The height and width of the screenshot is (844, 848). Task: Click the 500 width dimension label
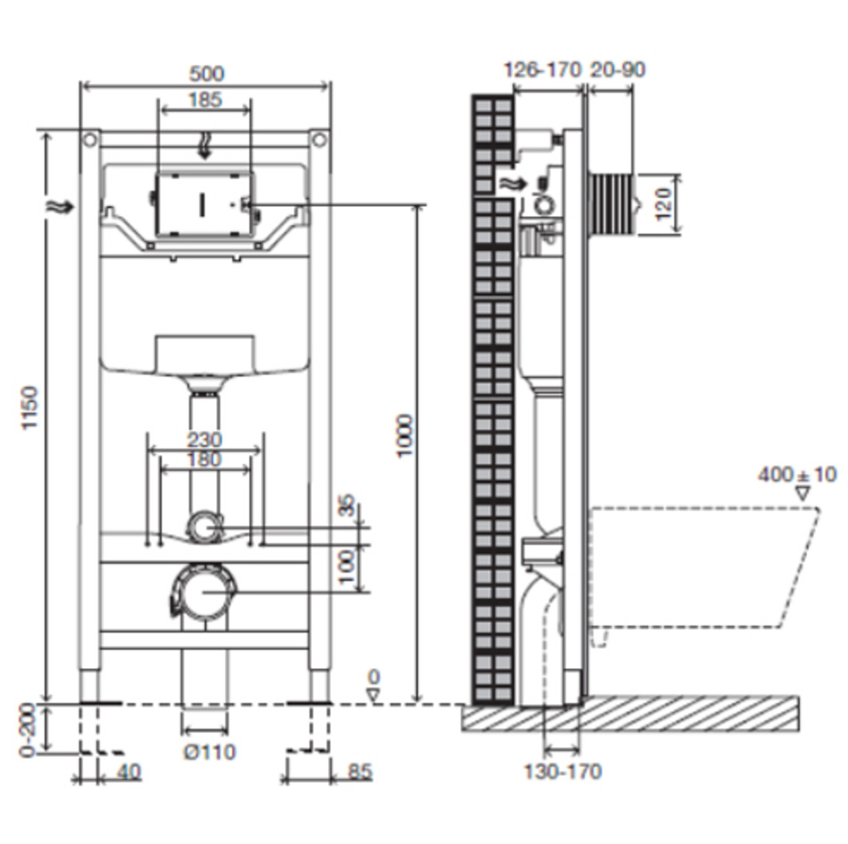click(x=206, y=74)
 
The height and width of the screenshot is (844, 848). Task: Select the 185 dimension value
click(x=205, y=100)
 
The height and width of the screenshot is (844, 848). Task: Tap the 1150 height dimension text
click(x=29, y=408)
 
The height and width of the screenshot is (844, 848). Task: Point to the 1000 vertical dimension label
click(x=404, y=436)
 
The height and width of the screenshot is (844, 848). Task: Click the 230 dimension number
click(x=204, y=439)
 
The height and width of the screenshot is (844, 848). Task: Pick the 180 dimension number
click(x=204, y=459)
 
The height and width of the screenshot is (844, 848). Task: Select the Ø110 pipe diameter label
click(x=210, y=752)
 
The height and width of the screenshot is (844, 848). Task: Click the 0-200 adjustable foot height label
click(x=27, y=730)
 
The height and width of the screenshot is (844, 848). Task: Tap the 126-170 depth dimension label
click(x=542, y=70)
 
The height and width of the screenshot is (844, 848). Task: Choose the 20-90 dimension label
click(x=618, y=70)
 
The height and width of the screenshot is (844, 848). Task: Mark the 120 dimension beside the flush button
click(x=662, y=203)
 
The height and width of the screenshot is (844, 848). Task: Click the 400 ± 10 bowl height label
click(x=796, y=474)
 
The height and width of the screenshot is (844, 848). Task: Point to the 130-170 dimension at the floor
click(x=563, y=771)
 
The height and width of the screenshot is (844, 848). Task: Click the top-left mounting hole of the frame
click(x=90, y=140)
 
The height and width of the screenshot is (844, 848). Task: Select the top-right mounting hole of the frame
click(x=320, y=140)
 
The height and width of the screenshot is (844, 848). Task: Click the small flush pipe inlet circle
click(x=204, y=527)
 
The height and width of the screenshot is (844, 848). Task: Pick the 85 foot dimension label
click(x=360, y=771)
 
